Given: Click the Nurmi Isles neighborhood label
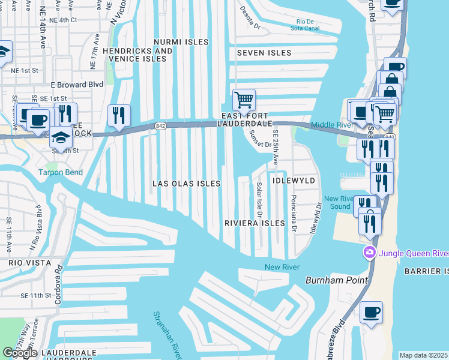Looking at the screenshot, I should [181, 42].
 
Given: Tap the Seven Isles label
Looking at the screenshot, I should [264, 53].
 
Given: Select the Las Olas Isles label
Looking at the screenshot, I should [186, 184].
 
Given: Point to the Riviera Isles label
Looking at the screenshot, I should [254, 223].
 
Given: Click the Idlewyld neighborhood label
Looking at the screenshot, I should [294, 180].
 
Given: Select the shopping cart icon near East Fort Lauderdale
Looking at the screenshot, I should [244, 99].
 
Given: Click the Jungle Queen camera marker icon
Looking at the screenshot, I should [369, 253].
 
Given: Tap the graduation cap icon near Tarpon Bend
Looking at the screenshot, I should [60, 137].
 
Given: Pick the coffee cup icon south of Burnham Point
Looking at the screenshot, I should [371, 312].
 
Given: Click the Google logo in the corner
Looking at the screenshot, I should [20, 352].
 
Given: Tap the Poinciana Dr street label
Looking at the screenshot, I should [294, 213].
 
